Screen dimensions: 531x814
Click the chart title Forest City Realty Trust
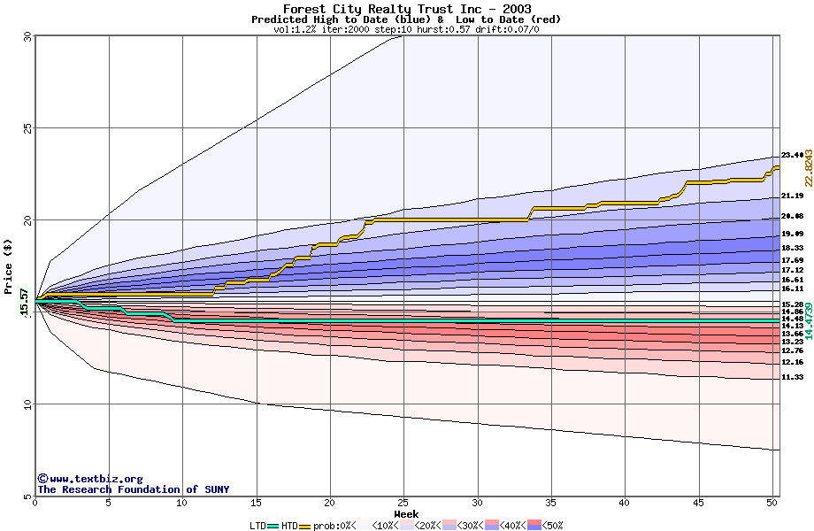407,9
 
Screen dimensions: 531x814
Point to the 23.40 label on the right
792,155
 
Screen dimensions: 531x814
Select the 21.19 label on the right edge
792,196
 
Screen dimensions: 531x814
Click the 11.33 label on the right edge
792,377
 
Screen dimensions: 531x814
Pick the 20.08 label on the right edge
792,216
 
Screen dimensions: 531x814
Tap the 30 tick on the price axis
27,36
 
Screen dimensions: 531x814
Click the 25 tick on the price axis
27,128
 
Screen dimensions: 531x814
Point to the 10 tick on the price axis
27,404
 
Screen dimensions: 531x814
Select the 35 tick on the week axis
551,503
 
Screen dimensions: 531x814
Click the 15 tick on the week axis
256,503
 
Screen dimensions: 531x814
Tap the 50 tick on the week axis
772,503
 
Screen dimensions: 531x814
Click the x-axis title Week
406,513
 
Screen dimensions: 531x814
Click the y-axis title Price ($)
9,266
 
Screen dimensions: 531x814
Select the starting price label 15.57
26,303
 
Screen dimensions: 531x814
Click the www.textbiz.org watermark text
89,479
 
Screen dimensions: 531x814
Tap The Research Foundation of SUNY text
133,489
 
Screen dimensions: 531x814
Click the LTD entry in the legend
258,525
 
